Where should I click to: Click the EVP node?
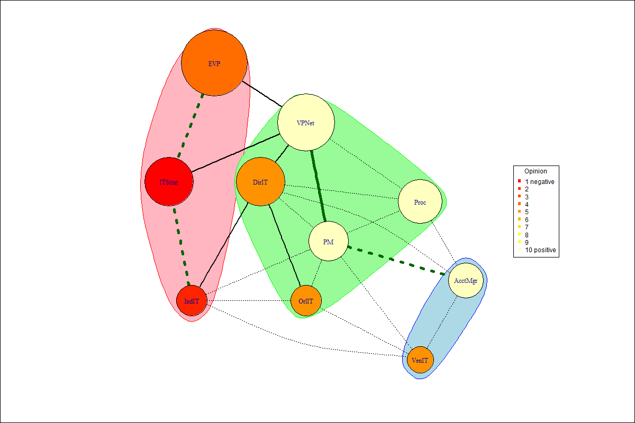tap(214, 63)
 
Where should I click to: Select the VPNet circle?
tap(306, 123)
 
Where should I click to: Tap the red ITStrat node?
tap(169, 182)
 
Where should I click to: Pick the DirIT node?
tap(260, 182)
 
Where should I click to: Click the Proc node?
tap(420, 201)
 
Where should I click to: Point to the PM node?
tap(329, 241)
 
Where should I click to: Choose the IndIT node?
tap(192, 301)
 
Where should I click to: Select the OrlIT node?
tap(306, 301)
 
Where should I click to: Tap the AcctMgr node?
tap(466, 281)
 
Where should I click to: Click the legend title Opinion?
tap(536, 171)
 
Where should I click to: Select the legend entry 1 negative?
tap(539, 181)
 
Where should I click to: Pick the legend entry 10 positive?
tap(540, 250)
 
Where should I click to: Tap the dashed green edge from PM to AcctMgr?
tap(397, 261)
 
